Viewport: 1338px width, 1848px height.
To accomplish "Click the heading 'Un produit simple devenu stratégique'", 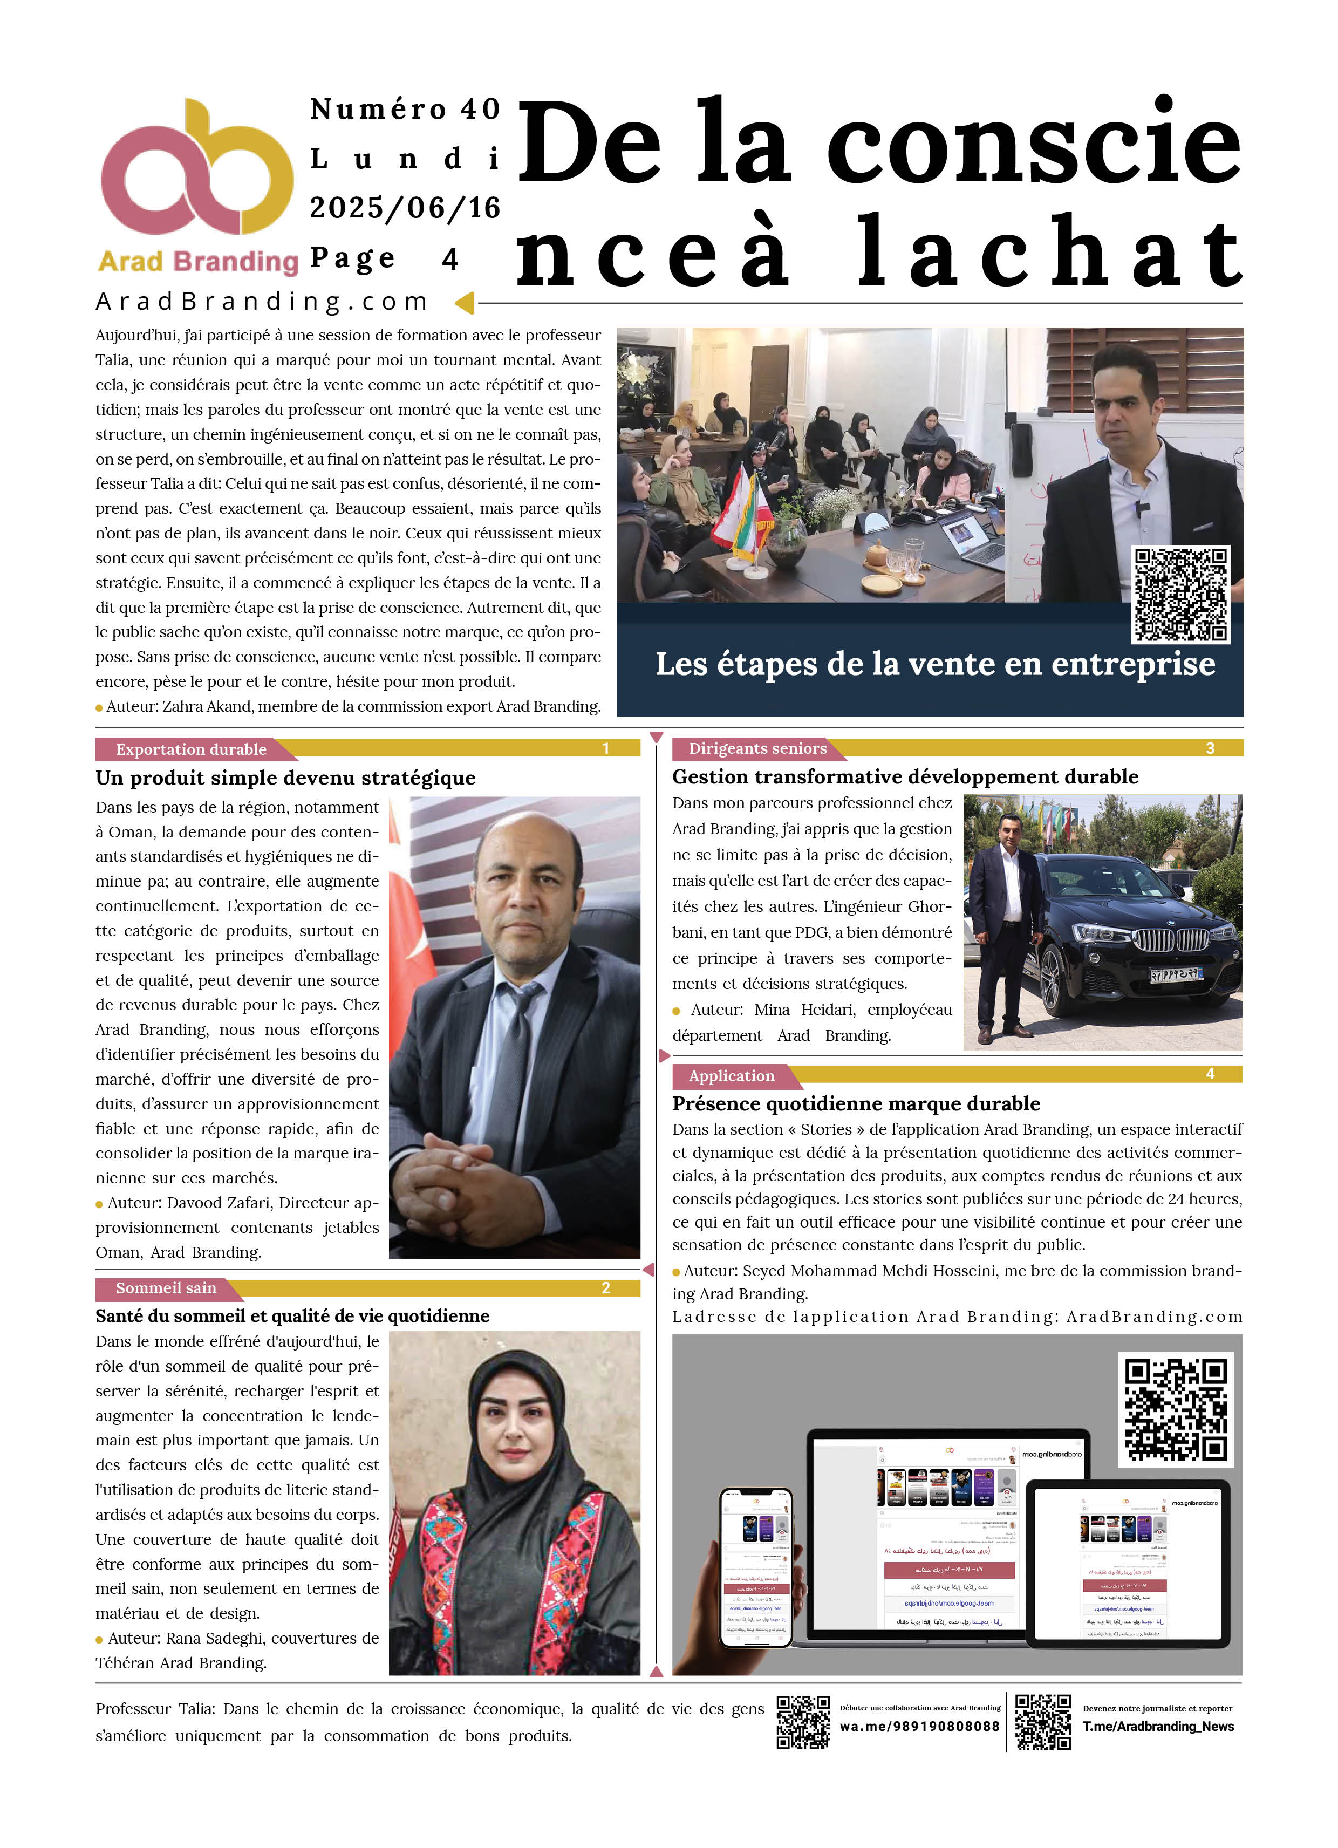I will coord(285,778).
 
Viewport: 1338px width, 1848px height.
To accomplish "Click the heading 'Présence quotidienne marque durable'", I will coord(856,1103).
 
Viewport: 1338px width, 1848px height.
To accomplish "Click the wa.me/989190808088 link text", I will coord(919,1726).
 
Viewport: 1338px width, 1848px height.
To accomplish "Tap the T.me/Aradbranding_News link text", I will coord(1157,1726).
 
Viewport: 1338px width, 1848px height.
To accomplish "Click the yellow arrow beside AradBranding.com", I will coord(465,303).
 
